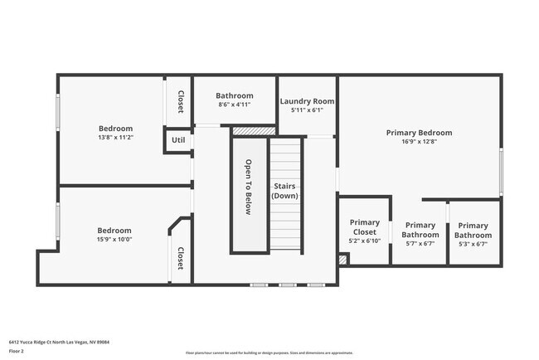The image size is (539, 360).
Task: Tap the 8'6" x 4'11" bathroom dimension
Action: coord(234,105)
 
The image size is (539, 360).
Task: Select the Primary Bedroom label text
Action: coord(419,133)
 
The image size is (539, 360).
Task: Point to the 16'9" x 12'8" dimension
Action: coord(419,142)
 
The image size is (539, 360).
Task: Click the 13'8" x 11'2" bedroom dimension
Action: coord(115,138)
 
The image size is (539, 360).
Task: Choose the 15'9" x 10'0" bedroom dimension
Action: coord(115,240)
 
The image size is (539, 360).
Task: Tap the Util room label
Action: coord(178,140)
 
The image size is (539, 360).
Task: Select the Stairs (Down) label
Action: coord(284,191)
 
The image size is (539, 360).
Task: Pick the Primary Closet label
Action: coord(364,227)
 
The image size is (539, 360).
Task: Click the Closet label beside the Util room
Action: coord(180,101)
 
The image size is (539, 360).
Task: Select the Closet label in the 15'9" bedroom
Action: coord(180,258)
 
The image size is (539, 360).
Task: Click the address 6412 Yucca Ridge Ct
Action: coord(59,342)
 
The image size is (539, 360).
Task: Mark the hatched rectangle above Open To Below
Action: coord(253,131)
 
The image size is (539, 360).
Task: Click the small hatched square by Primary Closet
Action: coord(343,260)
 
